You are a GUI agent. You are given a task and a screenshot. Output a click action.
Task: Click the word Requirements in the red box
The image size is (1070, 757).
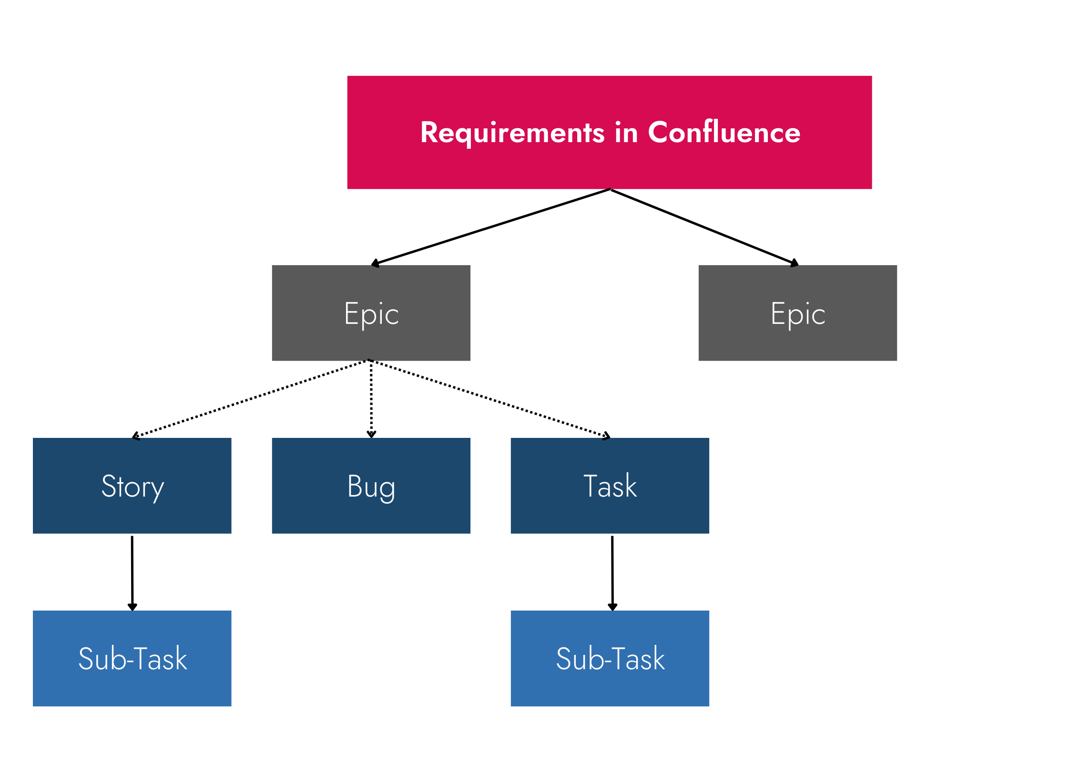(x=512, y=133)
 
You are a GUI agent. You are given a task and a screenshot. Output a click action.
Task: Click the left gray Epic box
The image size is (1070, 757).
(x=371, y=313)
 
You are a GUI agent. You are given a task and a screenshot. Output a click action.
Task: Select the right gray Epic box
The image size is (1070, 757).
(x=797, y=313)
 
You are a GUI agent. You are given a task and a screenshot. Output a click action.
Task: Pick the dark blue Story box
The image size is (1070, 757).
(x=132, y=486)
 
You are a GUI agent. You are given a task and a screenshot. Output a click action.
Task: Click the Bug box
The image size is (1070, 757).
(x=371, y=486)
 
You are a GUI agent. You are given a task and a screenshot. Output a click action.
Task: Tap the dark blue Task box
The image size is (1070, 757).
(x=610, y=486)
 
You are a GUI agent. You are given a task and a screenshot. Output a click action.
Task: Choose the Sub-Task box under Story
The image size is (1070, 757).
(x=132, y=658)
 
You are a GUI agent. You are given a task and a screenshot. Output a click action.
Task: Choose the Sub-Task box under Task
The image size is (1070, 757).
(x=610, y=658)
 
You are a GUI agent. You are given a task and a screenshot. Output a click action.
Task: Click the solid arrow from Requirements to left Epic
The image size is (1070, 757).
(x=491, y=227)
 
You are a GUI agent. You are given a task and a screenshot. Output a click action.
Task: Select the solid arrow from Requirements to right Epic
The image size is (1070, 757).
(x=704, y=228)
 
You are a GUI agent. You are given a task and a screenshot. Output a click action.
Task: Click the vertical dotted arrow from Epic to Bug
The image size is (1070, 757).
(x=371, y=398)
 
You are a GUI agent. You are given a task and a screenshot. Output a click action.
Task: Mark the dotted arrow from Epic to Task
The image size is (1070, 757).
(x=490, y=398)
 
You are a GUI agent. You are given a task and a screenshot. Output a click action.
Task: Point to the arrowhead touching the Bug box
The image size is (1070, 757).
(x=371, y=434)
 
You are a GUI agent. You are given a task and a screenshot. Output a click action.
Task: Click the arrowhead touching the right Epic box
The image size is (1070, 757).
(x=795, y=263)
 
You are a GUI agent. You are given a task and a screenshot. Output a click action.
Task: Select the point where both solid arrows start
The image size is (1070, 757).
(x=611, y=190)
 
